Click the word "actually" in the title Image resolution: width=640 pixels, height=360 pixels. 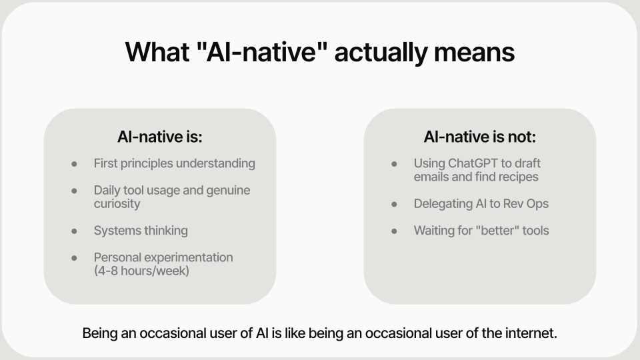[x=380, y=53]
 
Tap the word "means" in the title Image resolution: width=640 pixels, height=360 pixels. [x=474, y=53]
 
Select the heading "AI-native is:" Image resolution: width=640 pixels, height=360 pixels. [x=159, y=137]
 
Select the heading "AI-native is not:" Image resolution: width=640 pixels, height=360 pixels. [x=479, y=137]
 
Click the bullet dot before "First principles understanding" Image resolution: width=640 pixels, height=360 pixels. [x=74, y=164]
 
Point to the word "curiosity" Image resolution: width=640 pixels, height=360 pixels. [x=117, y=204]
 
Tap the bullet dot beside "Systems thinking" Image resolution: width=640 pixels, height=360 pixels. [x=74, y=231]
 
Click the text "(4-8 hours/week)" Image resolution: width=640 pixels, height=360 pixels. [x=141, y=271]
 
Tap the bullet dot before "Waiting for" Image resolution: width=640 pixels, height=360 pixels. [x=394, y=231]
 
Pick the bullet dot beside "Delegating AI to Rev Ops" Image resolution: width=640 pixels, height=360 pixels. [x=394, y=204]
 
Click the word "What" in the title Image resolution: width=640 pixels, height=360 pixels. [x=157, y=52]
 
